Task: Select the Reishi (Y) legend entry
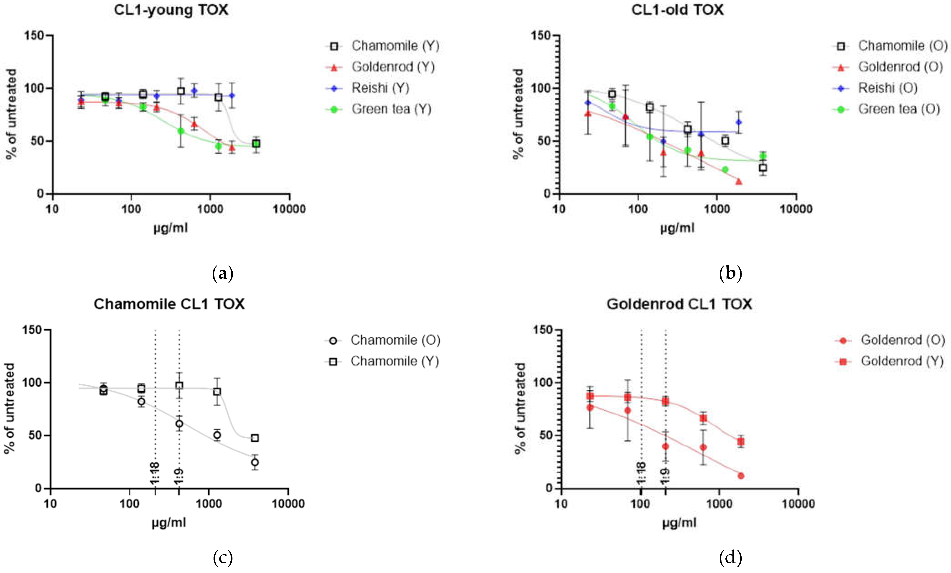pyautogui.click(x=380, y=88)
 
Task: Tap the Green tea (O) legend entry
pyautogui.click(x=899, y=109)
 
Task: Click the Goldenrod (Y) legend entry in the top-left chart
pyautogui.click(x=393, y=67)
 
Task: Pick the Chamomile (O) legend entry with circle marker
pyautogui.click(x=395, y=340)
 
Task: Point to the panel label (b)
pyautogui.click(x=730, y=273)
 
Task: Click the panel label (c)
pyautogui.click(x=223, y=557)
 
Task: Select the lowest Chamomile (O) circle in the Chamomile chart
pyautogui.click(x=255, y=462)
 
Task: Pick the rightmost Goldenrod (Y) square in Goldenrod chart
pyautogui.click(x=741, y=441)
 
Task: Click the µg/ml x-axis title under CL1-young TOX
pyautogui.click(x=170, y=228)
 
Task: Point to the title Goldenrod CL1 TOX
pyautogui.click(x=679, y=304)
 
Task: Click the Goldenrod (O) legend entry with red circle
pyautogui.click(x=902, y=340)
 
